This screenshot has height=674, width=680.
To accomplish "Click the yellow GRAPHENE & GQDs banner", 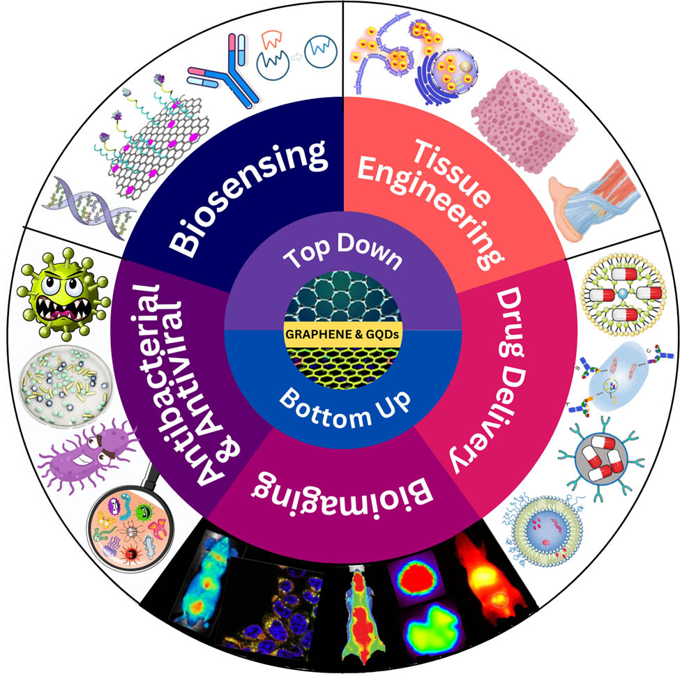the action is (342, 334).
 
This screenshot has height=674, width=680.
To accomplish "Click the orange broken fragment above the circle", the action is (272, 39).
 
